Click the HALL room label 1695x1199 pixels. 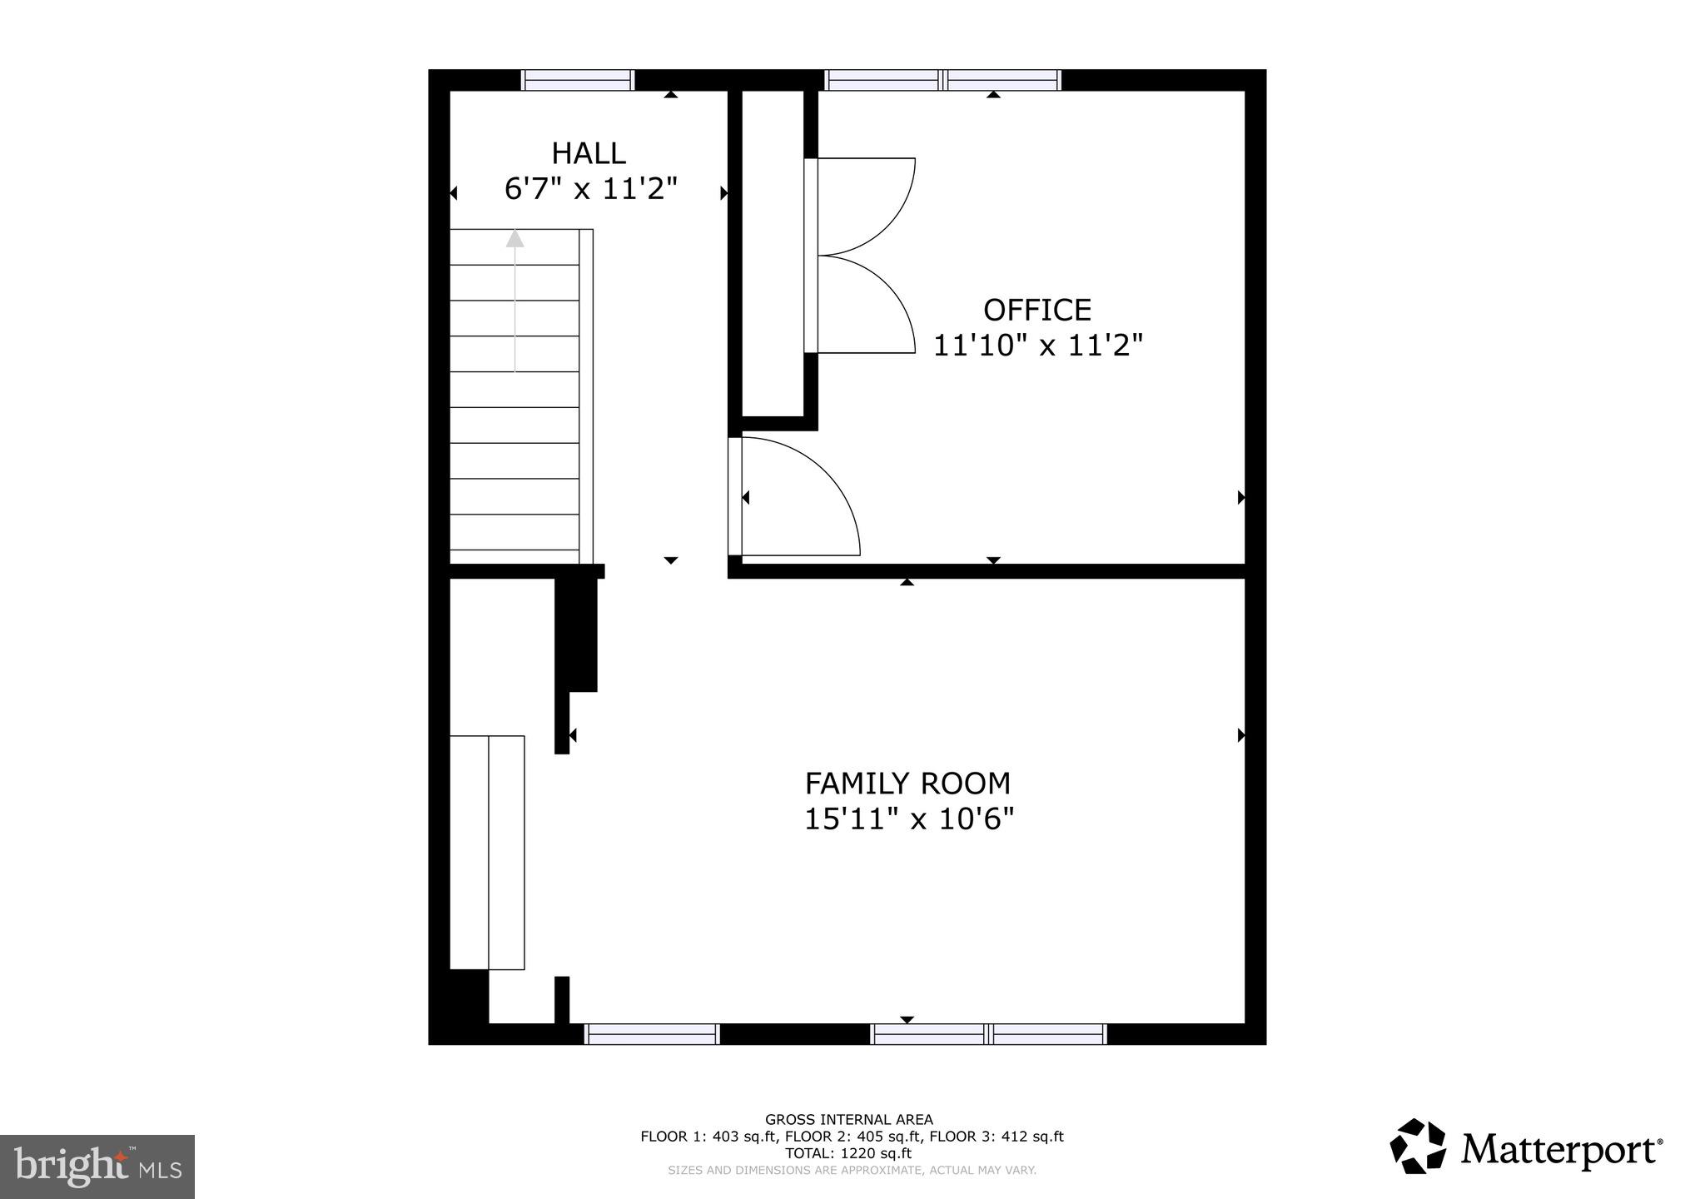pyautogui.click(x=588, y=154)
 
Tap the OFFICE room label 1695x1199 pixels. pyautogui.click(x=1036, y=311)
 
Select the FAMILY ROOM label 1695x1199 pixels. pyautogui.click(x=907, y=784)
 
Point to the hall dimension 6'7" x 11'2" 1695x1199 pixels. pyautogui.click(x=590, y=190)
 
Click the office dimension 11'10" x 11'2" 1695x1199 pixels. pyautogui.click(x=1037, y=346)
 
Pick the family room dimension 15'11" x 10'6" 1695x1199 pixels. pyautogui.click(x=908, y=820)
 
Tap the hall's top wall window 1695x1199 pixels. pyautogui.click(x=578, y=80)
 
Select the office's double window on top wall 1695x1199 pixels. pyautogui.click(x=942, y=80)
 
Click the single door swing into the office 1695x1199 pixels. pyautogui.click(x=799, y=500)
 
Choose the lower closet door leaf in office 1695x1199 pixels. pyautogui.click(x=866, y=304)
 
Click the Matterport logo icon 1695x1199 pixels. pyautogui.click(x=1419, y=1148)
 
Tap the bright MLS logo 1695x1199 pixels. pyautogui.click(x=97, y=1167)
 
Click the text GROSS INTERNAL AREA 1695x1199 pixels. pyautogui.click(x=848, y=1120)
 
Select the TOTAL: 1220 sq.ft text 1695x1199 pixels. pyautogui.click(x=848, y=1154)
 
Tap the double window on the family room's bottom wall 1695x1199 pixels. pyautogui.click(x=988, y=1034)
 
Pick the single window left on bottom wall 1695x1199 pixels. pyautogui.click(x=652, y=1034)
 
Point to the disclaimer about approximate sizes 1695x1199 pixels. pyautogui.click(x=851, y=1171)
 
